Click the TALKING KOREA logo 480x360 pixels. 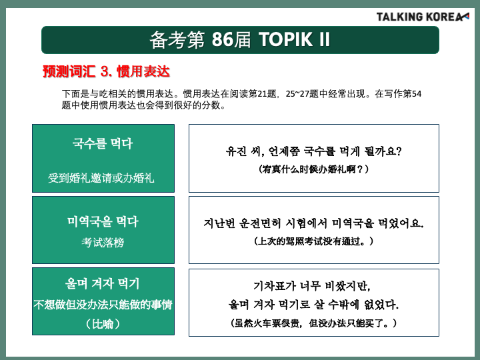tap(423, 17)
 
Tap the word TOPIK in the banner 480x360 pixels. tap(286, 39)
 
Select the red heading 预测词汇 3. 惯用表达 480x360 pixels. tap(106, 71)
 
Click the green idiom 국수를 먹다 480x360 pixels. tap(103, 143)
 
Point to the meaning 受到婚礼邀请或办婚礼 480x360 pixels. tap(101, 178)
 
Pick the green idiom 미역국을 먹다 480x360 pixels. tap(103, 221)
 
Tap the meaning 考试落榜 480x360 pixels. tap(103, 243)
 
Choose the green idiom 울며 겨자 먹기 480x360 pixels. tap(103, 283)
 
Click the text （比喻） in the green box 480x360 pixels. tap(103, 324)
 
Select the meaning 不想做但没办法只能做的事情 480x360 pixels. tap(103, 305)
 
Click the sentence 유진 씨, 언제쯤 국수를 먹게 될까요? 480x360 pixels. tap(314, 151)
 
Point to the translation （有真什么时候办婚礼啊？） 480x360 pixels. tap(314, 169)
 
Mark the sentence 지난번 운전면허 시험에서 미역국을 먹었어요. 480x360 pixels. tap(314, 223)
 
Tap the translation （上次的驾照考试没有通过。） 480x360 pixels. tap(314, 241)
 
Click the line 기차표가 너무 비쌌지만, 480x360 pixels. tap(312, 286)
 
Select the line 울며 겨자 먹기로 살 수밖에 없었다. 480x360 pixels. tap(314, 305)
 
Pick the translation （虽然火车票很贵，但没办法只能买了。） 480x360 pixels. tap(314, 323)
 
